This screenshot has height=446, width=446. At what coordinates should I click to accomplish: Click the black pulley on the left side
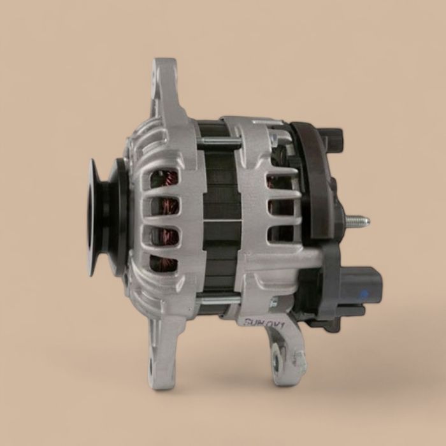[x=102, y=217]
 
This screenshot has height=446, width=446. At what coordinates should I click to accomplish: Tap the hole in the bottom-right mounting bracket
[x=277, y=362]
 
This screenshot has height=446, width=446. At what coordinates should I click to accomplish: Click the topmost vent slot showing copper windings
[x=164, y=178]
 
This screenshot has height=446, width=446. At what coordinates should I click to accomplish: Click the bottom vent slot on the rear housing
[x=280, y=233]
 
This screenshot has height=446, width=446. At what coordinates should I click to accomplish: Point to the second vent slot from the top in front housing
[x=164, y=206]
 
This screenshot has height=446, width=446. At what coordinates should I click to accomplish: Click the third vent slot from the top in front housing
[x=164, y=234]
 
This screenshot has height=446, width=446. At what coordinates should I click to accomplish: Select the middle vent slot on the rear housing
[x=280, y=206]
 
